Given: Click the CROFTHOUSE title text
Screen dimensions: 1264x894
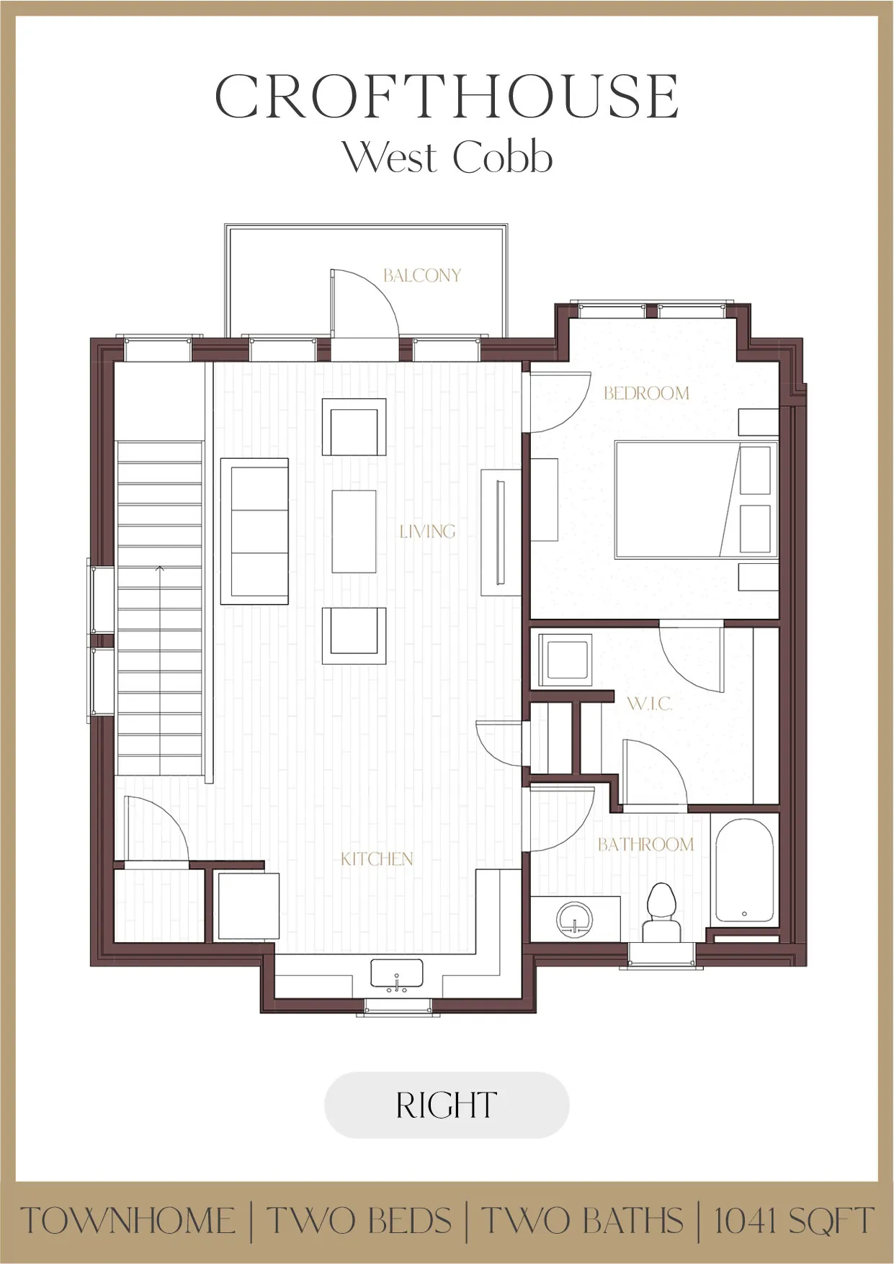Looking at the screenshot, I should tap(447, 97).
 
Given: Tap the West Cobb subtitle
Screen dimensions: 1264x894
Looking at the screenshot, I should tap(447, 156).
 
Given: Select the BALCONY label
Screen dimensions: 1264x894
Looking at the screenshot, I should tap(421, 275).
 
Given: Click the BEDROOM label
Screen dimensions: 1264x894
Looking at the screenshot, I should tap(646, 393).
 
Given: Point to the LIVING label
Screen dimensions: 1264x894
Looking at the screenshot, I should tap(427, 532).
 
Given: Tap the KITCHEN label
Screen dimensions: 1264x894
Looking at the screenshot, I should tap(376, 859).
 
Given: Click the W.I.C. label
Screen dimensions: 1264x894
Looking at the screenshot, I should tap(650, 704).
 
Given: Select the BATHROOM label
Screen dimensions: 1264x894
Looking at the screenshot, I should tap(645, 844).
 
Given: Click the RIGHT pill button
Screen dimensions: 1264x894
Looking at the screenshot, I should tap(447, 1105).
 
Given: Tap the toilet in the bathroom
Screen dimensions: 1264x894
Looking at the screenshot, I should tap(661, 912).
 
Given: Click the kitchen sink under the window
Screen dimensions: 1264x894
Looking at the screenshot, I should tap(396, 974).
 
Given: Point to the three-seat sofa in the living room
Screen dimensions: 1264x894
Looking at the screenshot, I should tap(254, 532).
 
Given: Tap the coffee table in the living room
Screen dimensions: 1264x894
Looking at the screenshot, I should tap(354, 532).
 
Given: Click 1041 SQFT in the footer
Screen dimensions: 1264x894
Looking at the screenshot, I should tap(792, 1222).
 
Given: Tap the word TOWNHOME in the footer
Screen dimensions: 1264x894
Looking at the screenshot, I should tap(128, 1222).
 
